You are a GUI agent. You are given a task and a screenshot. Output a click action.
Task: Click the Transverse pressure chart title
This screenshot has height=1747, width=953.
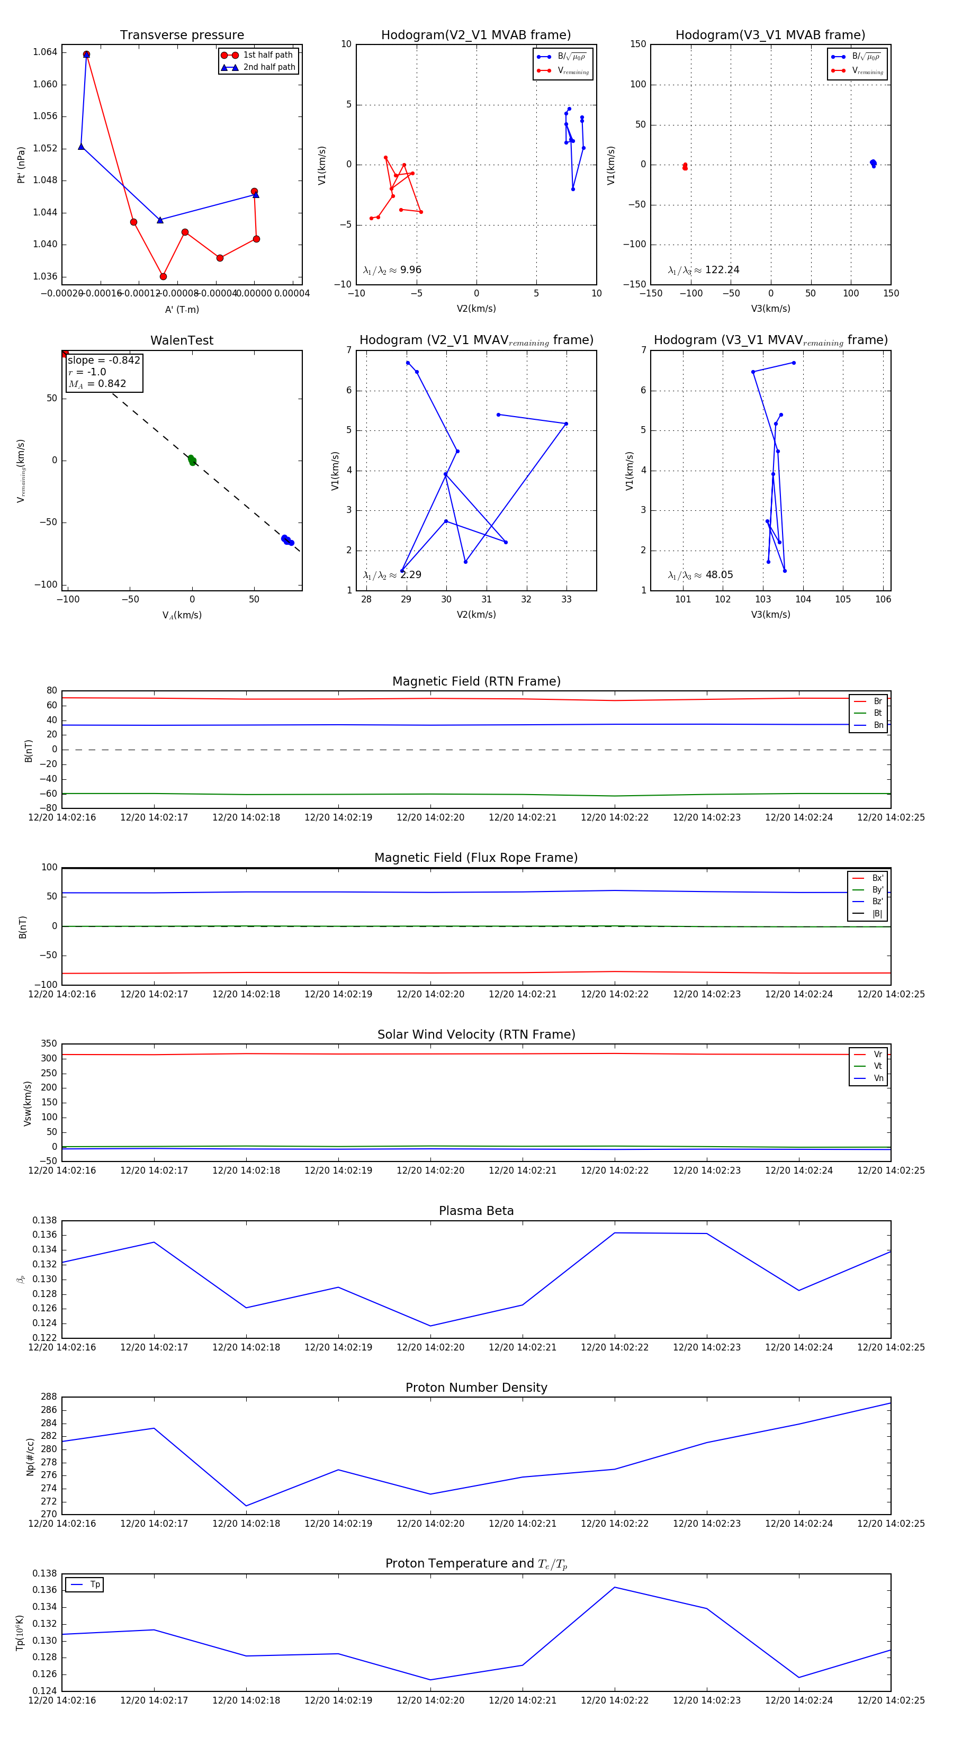coord(182,35)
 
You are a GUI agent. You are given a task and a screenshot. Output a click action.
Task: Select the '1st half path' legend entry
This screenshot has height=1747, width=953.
coord(267,55)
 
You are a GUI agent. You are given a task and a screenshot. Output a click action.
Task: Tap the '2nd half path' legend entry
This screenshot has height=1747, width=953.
coord(268,67)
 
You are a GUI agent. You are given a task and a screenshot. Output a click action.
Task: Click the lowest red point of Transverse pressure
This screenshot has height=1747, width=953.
coord(163,277)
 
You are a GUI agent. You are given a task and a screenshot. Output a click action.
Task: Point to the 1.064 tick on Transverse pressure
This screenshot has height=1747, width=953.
coord(45,52)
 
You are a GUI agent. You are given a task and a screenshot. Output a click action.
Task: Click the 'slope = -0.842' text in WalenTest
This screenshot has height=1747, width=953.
coord(104,360)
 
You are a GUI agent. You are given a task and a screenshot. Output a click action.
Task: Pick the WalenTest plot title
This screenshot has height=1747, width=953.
coord(182,340)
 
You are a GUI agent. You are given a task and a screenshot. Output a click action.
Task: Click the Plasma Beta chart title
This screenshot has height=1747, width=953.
coord(476,1211)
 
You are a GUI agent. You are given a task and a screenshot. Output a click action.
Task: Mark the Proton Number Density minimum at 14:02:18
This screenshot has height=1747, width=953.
coord(246,1506)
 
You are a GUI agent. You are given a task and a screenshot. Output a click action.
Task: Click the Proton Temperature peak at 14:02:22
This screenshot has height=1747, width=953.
coord(615,1587)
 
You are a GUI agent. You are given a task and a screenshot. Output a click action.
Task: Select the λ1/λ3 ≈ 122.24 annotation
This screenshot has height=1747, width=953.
coord(704,270)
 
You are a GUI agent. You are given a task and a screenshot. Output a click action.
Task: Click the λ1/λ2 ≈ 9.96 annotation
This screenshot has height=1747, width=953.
coord(392,270)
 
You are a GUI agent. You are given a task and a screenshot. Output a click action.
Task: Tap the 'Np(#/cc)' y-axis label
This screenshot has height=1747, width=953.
coord(30,1457)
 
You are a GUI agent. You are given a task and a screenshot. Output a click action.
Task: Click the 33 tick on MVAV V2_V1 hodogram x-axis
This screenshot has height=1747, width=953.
coord(567,599)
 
